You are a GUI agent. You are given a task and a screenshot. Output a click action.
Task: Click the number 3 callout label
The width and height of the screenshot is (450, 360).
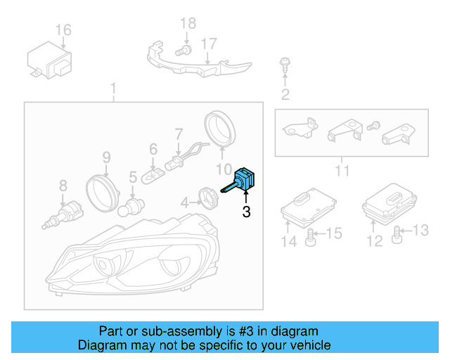coord(245,211)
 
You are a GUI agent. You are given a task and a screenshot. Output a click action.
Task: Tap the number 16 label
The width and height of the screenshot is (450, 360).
coord(63,30)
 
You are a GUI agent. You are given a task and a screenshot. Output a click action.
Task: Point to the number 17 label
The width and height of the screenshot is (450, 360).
coord(207,44)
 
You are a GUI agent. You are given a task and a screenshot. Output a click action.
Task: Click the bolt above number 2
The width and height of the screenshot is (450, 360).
coord(284,65)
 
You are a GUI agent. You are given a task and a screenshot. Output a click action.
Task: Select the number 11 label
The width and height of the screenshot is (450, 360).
coord(342,170)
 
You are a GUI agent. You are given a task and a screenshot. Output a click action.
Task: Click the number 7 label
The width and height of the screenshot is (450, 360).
coord(179,133)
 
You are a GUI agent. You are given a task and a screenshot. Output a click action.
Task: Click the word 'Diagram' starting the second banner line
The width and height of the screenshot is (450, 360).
coord(100,345)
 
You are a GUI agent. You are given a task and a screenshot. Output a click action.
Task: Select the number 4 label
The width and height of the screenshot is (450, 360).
coord(184,202)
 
